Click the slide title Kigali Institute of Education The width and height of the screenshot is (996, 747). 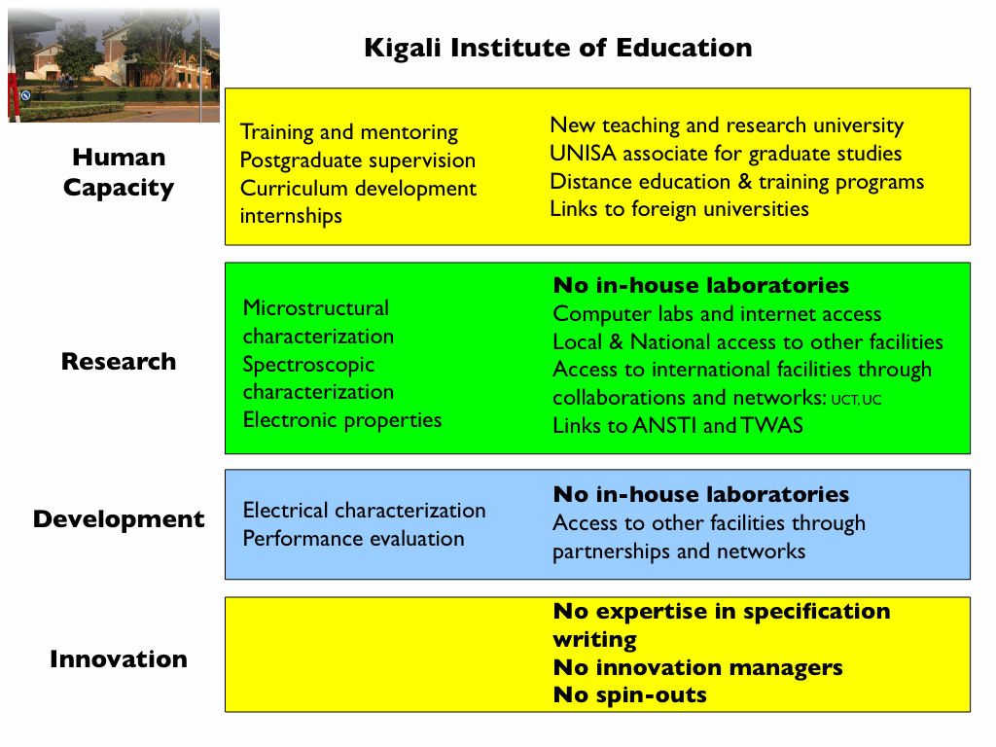557,48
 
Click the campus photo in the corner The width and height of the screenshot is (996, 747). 113,65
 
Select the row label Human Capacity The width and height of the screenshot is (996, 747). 119,172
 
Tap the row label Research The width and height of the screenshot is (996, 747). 119,362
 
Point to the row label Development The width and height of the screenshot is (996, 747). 119,519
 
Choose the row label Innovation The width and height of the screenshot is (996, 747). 119,659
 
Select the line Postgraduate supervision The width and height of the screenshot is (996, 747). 357,160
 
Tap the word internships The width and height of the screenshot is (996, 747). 291,216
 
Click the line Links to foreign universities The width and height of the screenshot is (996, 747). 679,209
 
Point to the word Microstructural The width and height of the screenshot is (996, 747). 315,308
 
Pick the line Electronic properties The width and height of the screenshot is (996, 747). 341,420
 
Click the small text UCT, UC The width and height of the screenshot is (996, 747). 856,400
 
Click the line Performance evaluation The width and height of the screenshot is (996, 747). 353,539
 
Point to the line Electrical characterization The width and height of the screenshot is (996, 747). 364,511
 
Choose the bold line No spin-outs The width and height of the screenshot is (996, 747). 629,695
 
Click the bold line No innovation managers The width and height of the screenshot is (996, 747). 697,668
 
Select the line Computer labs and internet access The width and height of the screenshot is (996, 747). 717,314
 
